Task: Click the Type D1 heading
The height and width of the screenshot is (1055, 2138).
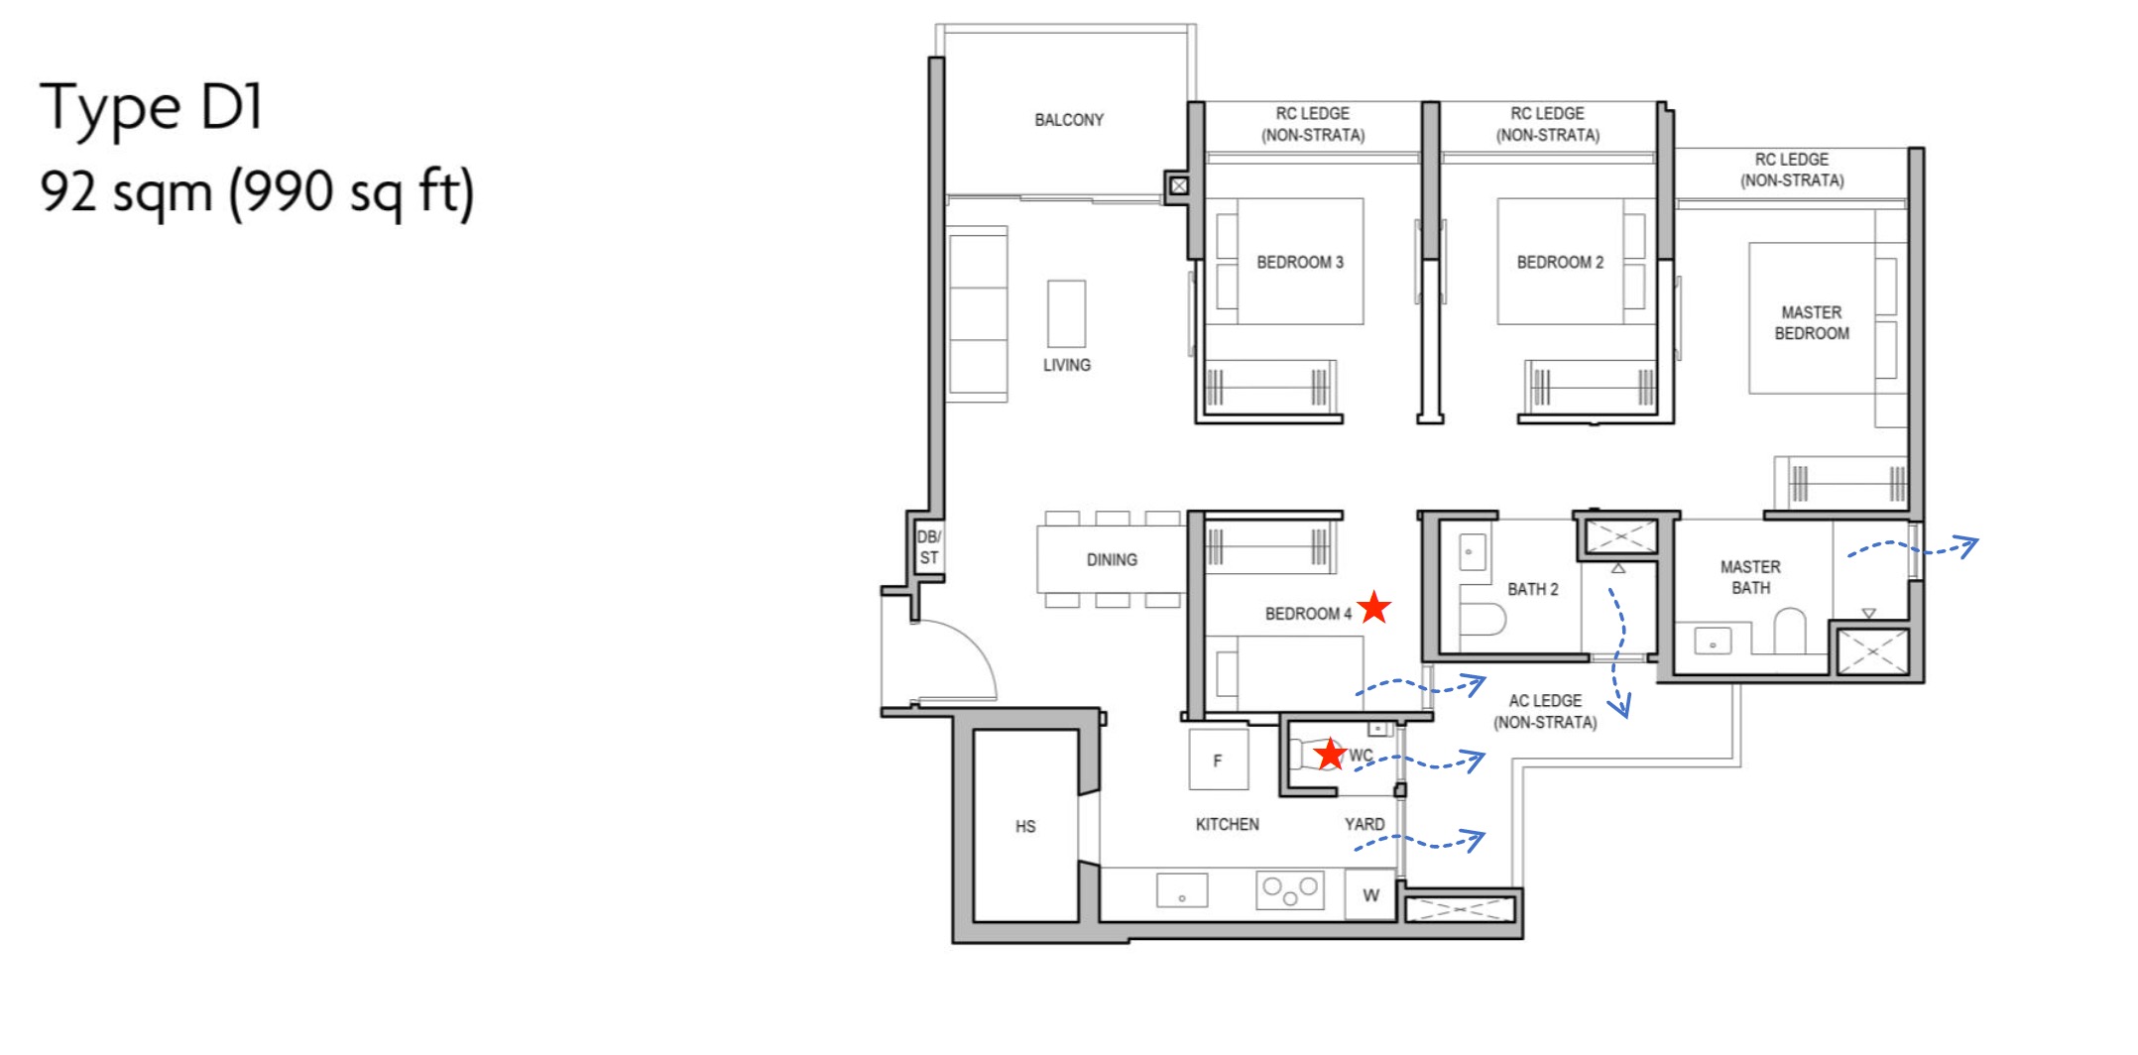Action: coord(152,107)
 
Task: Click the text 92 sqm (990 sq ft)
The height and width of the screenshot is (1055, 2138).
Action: coord(257,191)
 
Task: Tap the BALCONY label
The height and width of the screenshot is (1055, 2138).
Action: coord(1068,120)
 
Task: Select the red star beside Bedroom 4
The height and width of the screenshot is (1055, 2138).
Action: coord(1373,607)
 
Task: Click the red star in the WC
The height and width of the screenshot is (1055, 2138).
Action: coord(1329,755)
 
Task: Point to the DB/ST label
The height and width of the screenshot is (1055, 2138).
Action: coord(928,547)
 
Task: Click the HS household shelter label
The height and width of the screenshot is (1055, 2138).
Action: coord(1025,826)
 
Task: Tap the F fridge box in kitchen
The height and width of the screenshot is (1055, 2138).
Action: coord(1218,761)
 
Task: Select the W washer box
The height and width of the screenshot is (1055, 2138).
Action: coord(1370,895)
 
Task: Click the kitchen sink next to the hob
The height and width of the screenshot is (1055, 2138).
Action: coord(1182,890)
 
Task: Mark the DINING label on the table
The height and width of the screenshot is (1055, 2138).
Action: coord(1112,560)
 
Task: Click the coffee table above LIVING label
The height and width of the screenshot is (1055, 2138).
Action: coord(1066,313)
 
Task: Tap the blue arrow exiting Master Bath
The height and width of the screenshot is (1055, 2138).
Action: coord(1912,548)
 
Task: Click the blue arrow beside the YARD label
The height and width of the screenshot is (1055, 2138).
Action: coord(1420,843)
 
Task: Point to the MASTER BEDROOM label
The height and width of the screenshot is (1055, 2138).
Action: coord(1811,323)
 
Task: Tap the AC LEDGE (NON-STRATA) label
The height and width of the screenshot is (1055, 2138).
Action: coord(1545,712)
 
